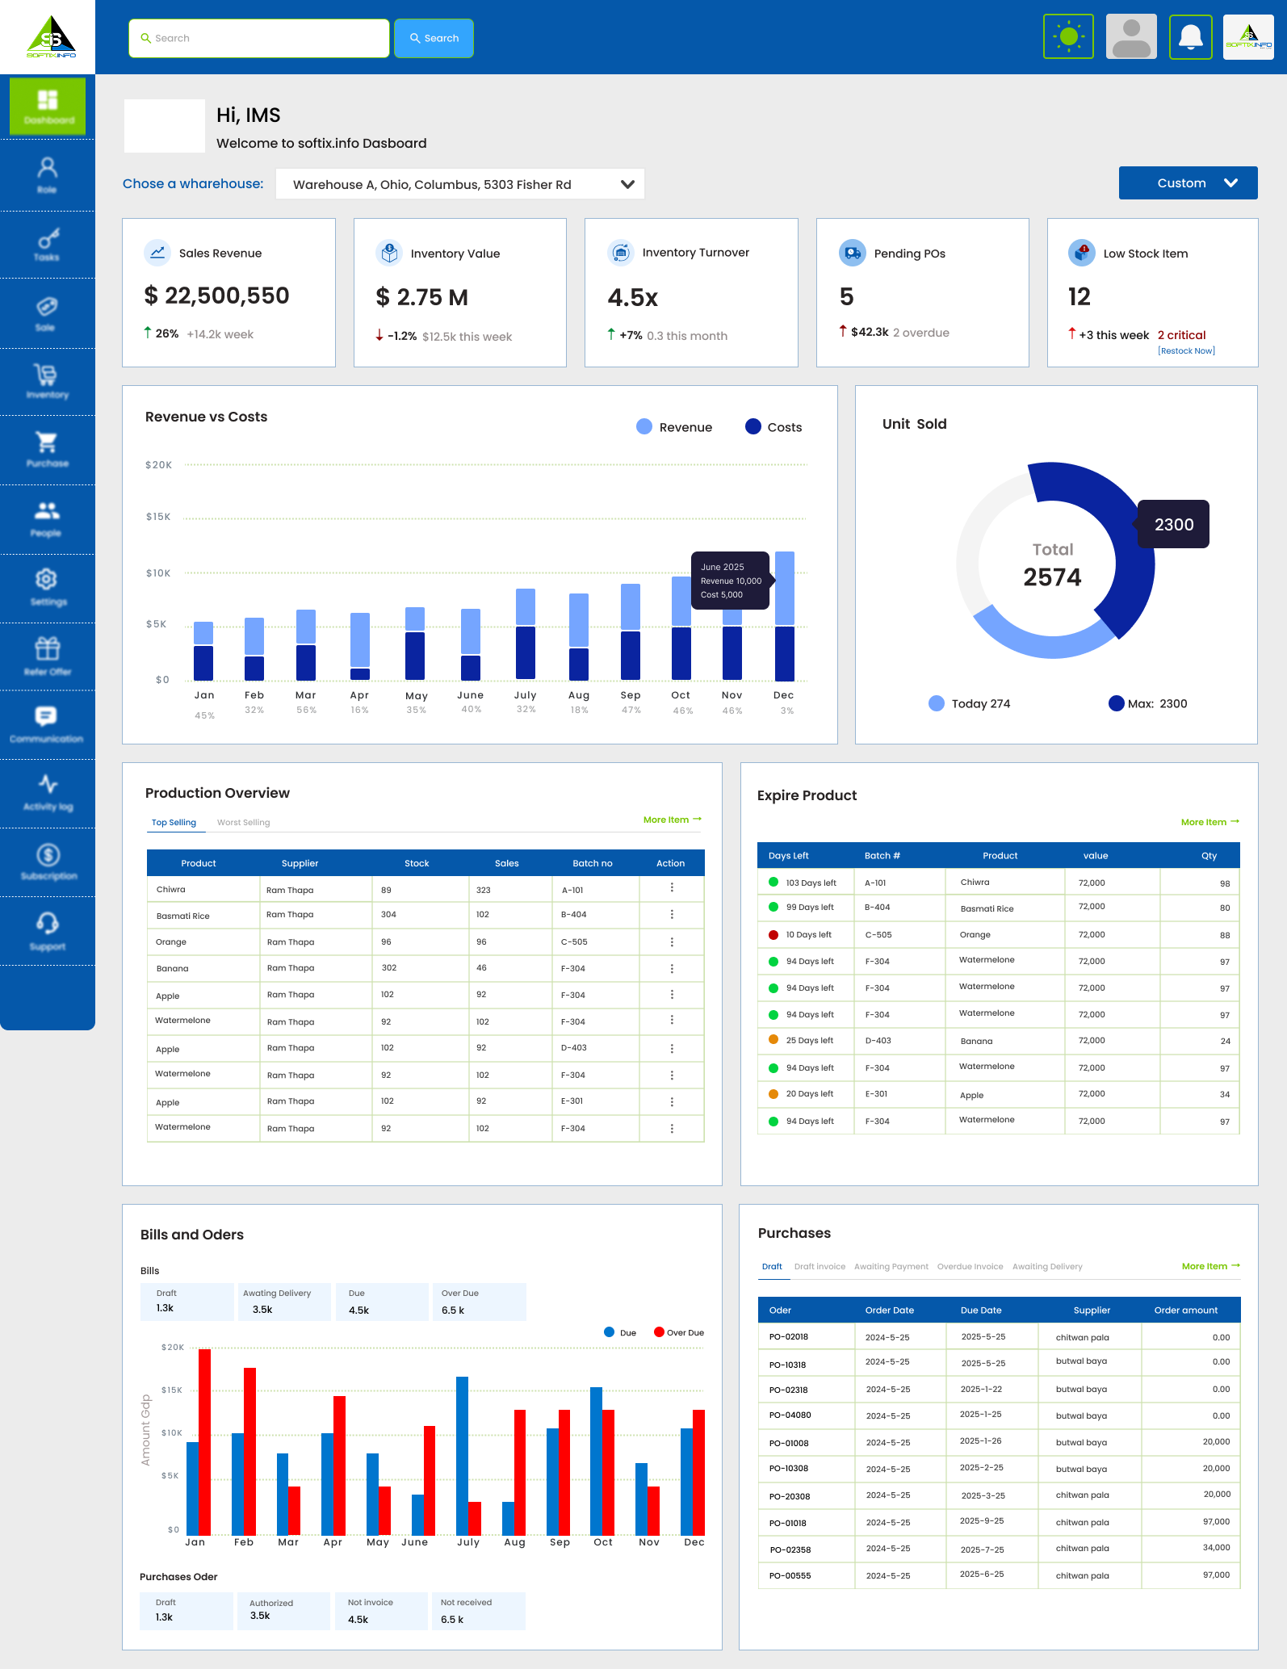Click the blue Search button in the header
point(434,38)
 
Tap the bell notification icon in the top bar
point(1190,37)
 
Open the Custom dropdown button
point(1188,183)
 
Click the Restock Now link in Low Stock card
point(1186,351)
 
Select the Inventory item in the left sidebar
point(47,381)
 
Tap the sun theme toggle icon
point(1068,36)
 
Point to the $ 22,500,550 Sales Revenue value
point(216,296)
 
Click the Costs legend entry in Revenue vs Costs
point(773,427)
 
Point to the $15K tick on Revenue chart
point(158,517)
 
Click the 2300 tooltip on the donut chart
point(1173,525)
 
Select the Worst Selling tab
point(243,823)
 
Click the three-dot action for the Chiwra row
point(672,887)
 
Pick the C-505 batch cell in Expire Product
point(878,935)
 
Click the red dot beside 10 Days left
point(773,935)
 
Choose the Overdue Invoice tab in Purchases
point(970,1267)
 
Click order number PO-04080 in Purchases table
point(790,1415)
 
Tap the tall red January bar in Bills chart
point(204,1441)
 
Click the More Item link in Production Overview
point(672,820)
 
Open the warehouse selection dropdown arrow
point(627,184)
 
